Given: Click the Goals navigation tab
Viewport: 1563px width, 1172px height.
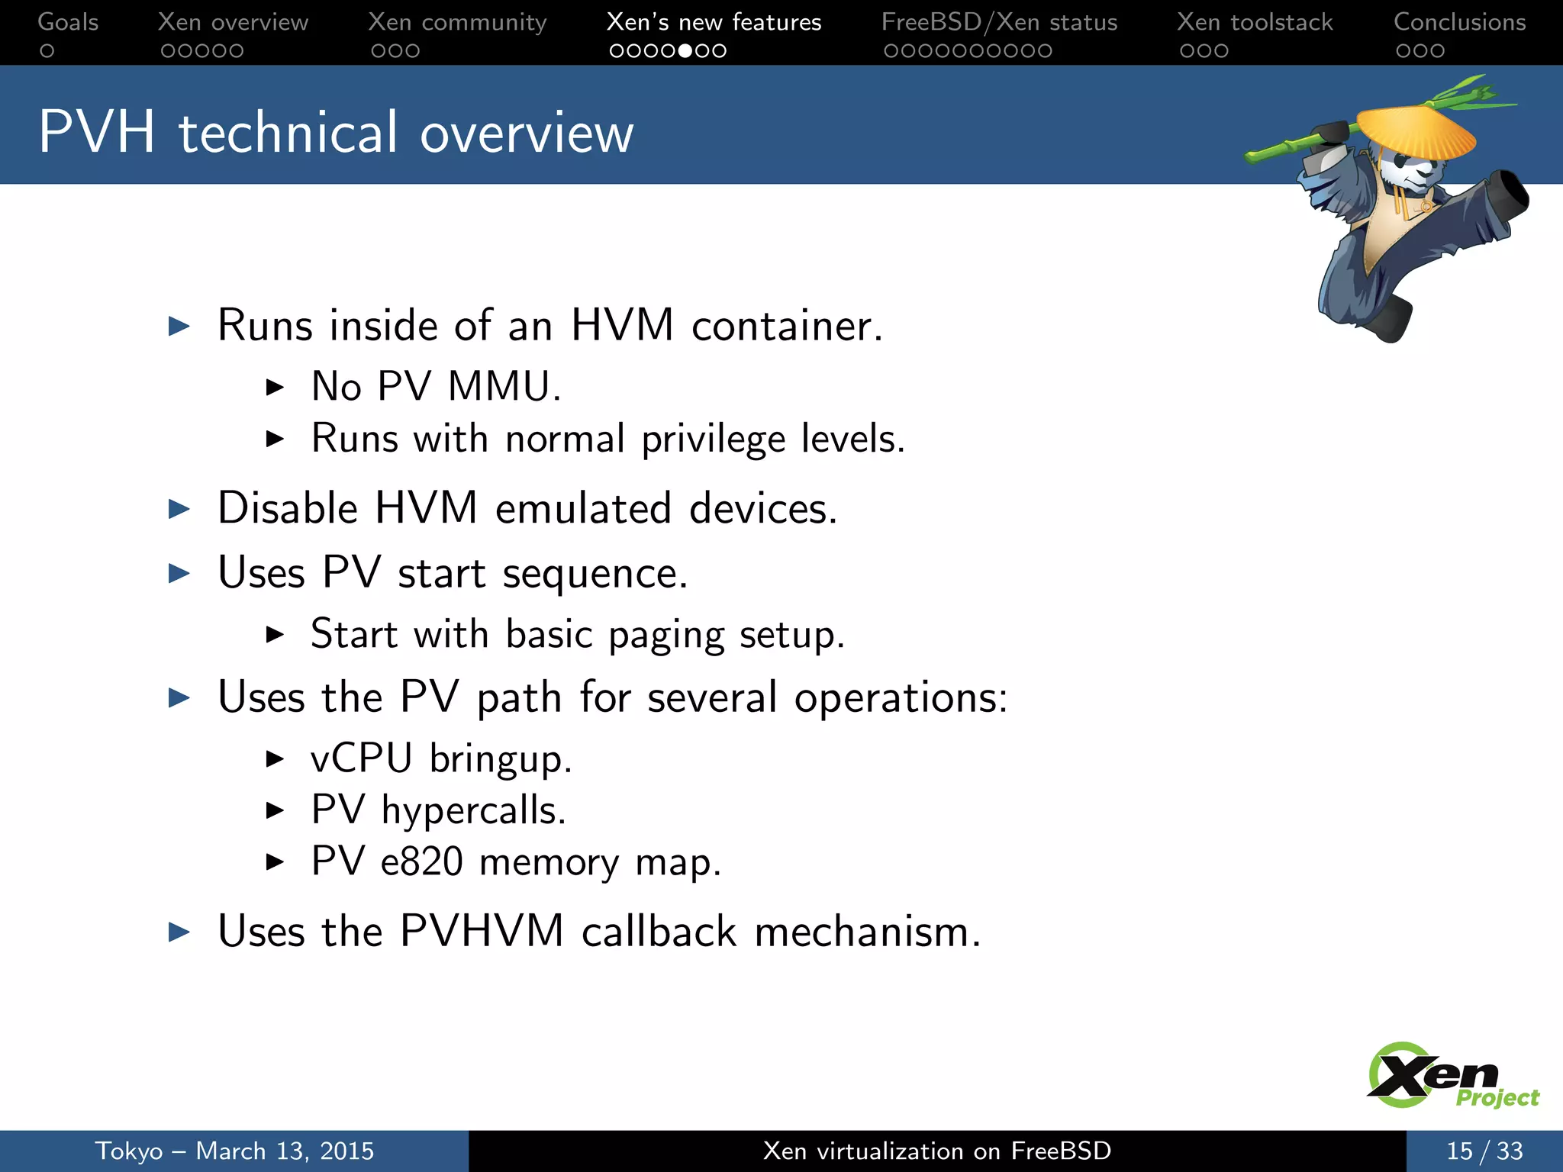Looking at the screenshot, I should (68, 22).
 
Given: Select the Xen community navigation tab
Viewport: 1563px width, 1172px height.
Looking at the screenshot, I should (457, 22).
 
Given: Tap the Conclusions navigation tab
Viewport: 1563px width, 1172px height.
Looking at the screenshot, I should (1459, 22).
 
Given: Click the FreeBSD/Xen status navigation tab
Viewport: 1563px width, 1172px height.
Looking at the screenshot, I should (999, 22).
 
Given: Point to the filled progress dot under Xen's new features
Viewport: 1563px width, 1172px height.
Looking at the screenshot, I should (685, 51).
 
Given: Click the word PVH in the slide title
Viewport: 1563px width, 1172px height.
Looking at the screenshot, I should (97, 133).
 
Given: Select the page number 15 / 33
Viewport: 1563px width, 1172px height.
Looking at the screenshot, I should (1484, 1151).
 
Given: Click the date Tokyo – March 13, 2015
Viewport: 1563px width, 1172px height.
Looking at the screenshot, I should (234, 1151).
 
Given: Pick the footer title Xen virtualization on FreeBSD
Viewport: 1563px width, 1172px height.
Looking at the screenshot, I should (936, 1151).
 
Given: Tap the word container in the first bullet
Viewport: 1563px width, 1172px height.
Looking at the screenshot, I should (786, 327).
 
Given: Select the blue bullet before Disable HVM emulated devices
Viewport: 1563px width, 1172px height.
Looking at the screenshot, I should (179, 509).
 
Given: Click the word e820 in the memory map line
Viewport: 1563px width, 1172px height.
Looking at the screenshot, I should (421, 862).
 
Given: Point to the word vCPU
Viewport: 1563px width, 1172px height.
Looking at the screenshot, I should (361, 758).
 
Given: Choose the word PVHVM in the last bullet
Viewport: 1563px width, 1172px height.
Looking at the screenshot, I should (482, 932).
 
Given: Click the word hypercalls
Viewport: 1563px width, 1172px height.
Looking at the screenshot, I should (472, 810).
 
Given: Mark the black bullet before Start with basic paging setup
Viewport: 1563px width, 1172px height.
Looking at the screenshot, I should (275, 634).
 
